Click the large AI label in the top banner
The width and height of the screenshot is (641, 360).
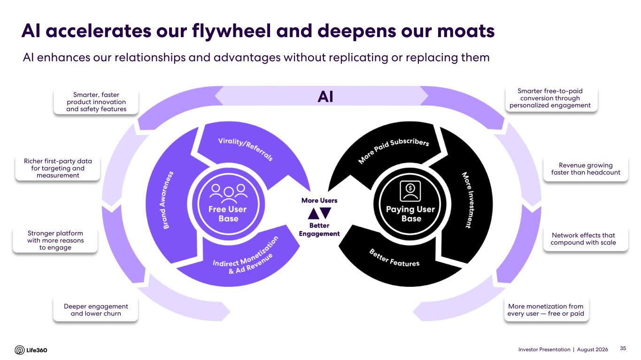325,97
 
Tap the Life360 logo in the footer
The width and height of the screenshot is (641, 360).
31,350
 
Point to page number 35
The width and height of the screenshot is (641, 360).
623,348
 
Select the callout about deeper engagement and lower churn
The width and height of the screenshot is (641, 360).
96,310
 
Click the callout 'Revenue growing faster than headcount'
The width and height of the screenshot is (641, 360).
586,169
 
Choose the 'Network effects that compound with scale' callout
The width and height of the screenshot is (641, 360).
583,239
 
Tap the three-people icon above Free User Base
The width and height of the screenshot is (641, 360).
228,191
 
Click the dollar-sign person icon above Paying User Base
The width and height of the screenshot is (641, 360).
410,191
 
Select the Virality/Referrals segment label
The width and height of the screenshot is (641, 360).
246,149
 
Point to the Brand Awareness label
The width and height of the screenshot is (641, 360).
168,200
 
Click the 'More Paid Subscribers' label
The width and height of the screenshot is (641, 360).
393,150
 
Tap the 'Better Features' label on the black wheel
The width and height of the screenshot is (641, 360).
394,258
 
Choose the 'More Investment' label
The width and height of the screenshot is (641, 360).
468,200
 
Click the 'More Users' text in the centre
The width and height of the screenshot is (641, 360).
319,201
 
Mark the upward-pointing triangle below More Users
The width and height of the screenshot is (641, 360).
314,214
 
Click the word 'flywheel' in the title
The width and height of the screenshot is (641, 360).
231,31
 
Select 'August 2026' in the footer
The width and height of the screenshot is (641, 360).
592,349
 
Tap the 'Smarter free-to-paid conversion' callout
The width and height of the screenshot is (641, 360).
550,98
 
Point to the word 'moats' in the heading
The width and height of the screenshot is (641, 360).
466,31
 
